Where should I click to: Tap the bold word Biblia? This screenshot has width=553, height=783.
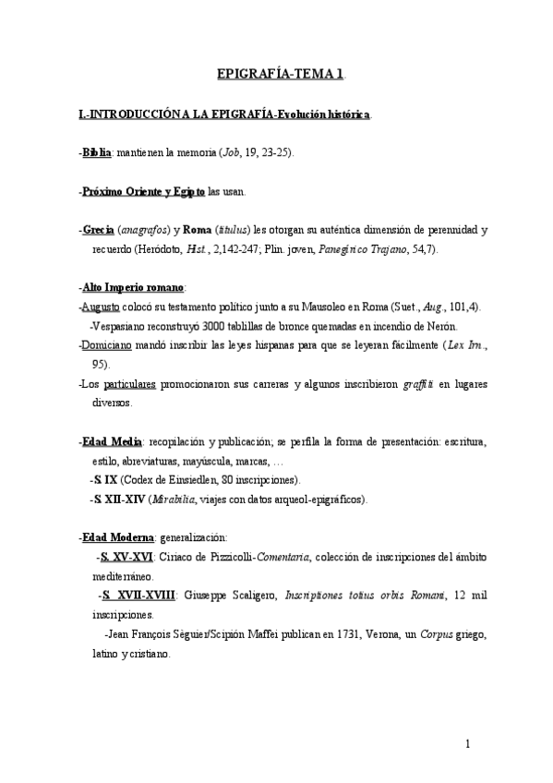pyautogui.click(x=97, y=151)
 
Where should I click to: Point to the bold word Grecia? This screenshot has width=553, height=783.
pyautogui.click(x=98, y=229)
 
